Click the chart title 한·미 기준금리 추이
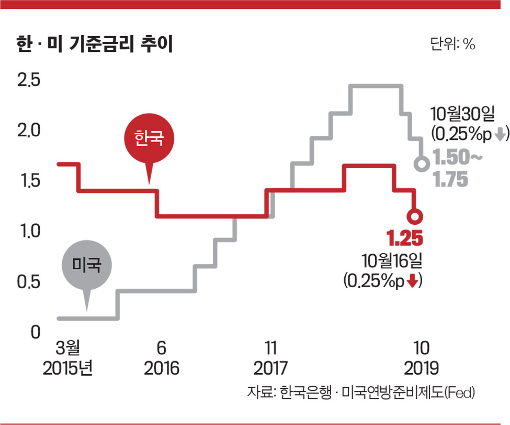(x=94, y=44)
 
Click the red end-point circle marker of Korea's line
(x=415, y=216)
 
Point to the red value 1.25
(x=404, y=239)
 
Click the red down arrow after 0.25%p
(x=413, y=281)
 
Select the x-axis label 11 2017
(x=270, y=358)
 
